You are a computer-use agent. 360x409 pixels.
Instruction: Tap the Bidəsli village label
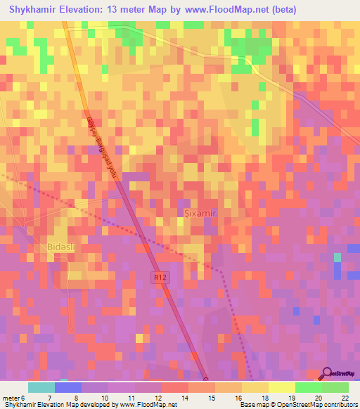[45, 248]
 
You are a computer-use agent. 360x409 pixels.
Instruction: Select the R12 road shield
[161, 278]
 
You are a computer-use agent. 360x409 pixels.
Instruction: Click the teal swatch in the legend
[41, 387]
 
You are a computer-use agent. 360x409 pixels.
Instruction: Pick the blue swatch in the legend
[67, 387]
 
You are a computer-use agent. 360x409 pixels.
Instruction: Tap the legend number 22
[345, 398]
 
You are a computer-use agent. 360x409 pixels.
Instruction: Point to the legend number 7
[49, 398]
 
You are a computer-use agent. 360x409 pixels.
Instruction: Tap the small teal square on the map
[337, 257]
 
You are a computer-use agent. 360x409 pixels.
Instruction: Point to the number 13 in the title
[115, 10]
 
